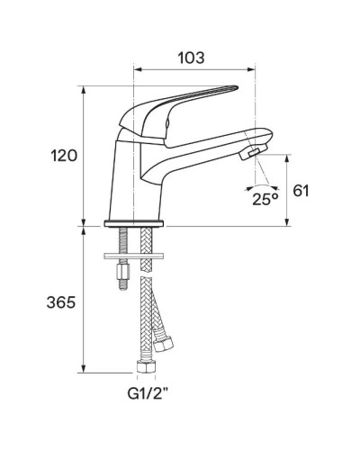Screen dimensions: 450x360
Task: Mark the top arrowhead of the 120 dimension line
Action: coord(85,89)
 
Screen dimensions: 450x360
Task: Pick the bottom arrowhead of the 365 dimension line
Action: coord(85,370)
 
